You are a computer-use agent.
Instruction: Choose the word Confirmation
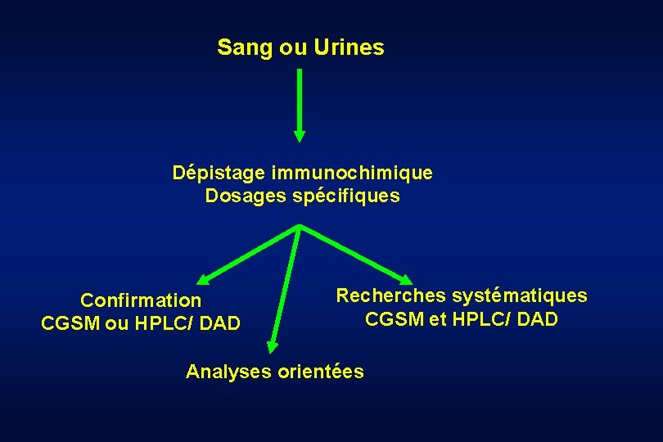coord(140,301)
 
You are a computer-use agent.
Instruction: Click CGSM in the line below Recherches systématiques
coord(395,318)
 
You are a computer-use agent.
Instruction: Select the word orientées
coord(321,372)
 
